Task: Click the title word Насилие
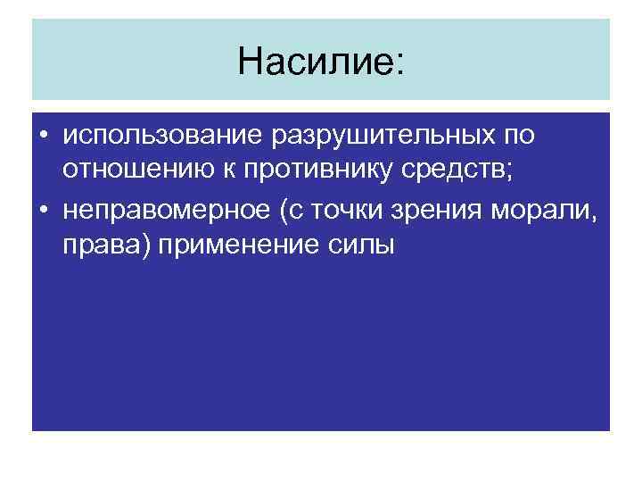pos(314,61)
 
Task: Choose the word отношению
pos(130,173)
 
